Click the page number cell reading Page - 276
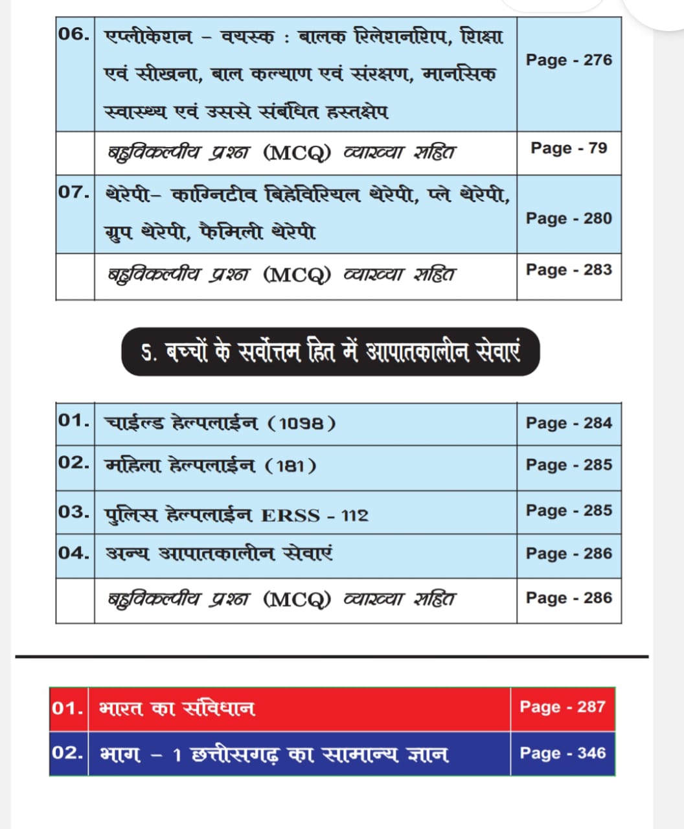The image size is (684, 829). (569, 60)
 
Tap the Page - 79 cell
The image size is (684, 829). (569, 148)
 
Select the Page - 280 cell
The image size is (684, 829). (569, 218)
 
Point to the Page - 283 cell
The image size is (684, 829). (569, 269)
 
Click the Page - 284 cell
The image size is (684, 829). (569, 423)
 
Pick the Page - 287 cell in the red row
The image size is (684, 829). (562, 707)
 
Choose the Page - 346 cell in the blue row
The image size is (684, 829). (562, 753)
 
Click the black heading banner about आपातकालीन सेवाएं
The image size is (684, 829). (330, 353)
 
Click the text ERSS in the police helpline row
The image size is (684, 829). (290, 516)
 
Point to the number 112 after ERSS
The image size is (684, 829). (354, 516)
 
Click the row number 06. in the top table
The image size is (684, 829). (74, 34)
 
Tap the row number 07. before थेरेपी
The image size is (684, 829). (74, 192)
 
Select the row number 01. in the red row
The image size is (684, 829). (67, 708)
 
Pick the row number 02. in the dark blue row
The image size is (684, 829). (67, 753)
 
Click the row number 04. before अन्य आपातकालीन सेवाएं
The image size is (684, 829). (74, 553)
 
